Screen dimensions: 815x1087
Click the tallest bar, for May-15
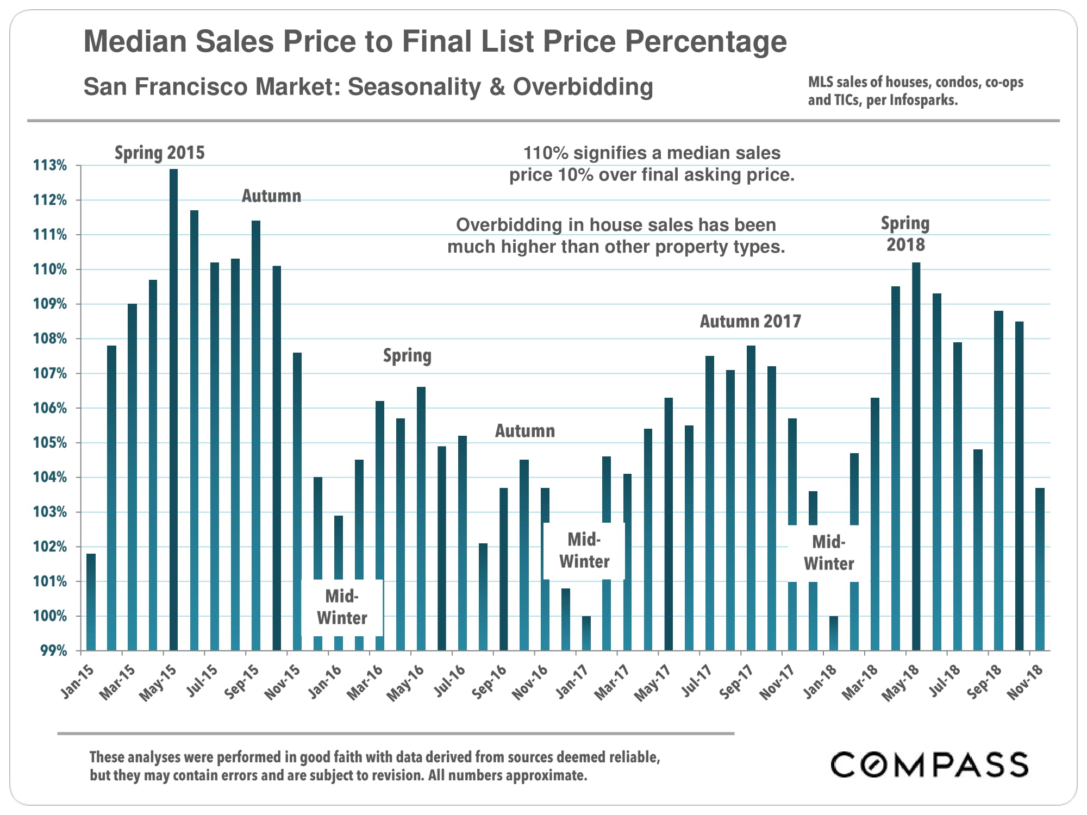click(x=173, y=407)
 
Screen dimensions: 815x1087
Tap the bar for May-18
click(x=916, y=456)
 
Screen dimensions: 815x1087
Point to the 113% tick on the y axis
click(x=50, y=165)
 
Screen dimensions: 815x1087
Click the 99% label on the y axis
click(x=53, y=650)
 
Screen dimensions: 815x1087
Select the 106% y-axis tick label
click(x=50, y=408)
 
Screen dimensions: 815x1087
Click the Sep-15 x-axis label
click(x=242, y=681)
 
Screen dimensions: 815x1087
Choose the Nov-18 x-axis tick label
click(x=1025, y=681)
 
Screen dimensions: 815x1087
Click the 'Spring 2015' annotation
click(x=159, y=153)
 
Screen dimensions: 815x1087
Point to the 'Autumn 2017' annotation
click(x=750, y=322)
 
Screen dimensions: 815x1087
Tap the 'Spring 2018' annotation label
click(x=905, y=234)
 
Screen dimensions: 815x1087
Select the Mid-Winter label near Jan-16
click(x=342, y=607)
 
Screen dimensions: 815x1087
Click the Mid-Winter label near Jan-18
click(x=828, y=553)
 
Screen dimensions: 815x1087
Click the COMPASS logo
click(x=929, y=764)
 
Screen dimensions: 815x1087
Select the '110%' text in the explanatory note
click(x=545, y=153)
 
